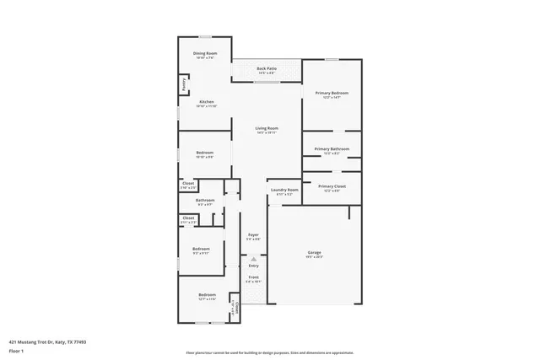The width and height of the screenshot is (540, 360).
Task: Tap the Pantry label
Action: coord(182,84)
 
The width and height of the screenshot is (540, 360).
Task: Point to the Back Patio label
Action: coord(267,68)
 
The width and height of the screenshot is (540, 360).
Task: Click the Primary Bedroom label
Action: coord(332,93)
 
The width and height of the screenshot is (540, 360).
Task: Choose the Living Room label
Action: coord(267,128)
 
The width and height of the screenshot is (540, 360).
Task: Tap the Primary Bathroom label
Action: coord(332,148)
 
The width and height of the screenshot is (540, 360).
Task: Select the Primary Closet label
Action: coord(332,186)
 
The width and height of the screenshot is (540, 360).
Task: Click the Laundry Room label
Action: coord(284,190)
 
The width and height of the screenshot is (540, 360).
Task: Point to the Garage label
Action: coord(314,253)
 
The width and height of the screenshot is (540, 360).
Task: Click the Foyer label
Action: coord(253,234)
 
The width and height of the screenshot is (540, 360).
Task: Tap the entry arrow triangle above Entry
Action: coord(253,259)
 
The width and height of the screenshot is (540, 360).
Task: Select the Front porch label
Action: coord(253,277)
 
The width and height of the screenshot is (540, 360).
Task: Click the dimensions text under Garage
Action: coord(314,257)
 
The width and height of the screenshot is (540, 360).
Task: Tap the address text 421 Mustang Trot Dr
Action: coord(47,341)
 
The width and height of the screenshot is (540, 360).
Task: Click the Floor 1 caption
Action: coord(16,350)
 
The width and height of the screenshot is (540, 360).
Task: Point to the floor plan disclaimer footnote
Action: coord(269,352)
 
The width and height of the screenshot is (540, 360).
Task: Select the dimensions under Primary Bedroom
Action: coord(332,97)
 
